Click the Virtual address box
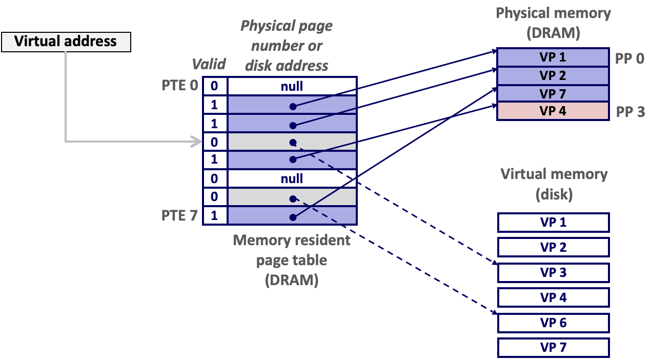coord(66,42)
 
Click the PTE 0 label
coord(179,85)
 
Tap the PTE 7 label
coord(179,215)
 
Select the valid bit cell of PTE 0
coord(214,86)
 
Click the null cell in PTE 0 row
coord(292,86)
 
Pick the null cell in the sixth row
coord(292,178)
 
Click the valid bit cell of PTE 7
coord(214,216)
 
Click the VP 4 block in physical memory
coord(553,111)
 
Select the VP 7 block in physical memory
coord(553,93)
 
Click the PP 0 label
coord(629,58)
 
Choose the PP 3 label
coord(629,112)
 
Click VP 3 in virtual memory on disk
coord(553,273)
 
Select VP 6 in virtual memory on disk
coord(553,323)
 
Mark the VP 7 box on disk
coord(553,348)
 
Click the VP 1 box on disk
coord(553,223)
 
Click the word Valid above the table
coord(209,64)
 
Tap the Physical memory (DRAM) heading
coord(553,23)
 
